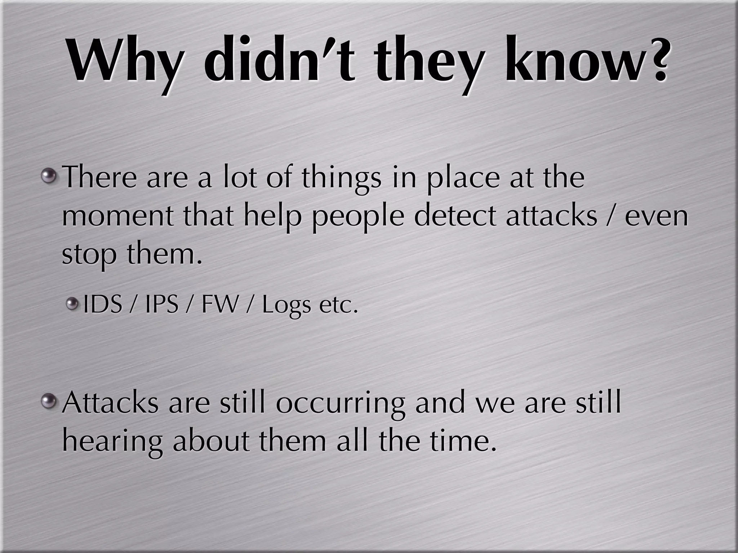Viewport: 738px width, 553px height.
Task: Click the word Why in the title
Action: [123, 61]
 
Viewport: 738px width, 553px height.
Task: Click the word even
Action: [656, 216]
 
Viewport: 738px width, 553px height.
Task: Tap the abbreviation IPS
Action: [161, 304]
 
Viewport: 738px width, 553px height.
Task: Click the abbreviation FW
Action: [219, 304]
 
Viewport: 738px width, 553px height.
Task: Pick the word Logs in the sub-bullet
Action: [286, 306]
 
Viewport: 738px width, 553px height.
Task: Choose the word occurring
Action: [341, 403]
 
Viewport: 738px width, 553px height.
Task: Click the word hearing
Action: [112, 442]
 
